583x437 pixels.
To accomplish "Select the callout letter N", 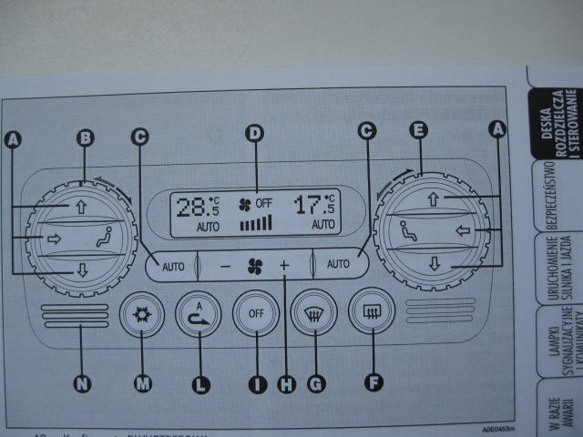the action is (83, 384).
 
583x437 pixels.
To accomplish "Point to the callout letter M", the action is (142, 384).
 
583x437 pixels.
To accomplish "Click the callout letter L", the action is (200, 384).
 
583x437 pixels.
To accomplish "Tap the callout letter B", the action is (85, 138).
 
